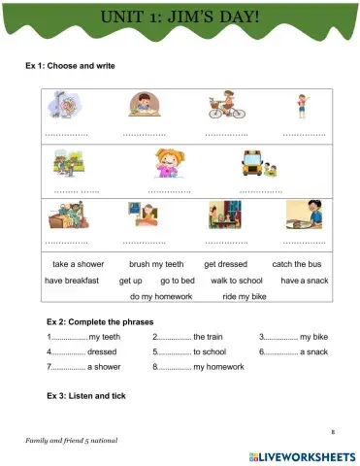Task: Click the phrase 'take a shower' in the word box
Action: click(x=78, y=264)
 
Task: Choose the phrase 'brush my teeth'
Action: click(x=155, y=264)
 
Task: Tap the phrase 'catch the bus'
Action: click(x=296, y=264)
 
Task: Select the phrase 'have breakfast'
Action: click(x=72, y=280)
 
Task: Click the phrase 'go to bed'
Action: click(x=178, y=280)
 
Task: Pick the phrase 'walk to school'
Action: click(x=237, y=280)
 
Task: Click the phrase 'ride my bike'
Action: click(x=244, y=296)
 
